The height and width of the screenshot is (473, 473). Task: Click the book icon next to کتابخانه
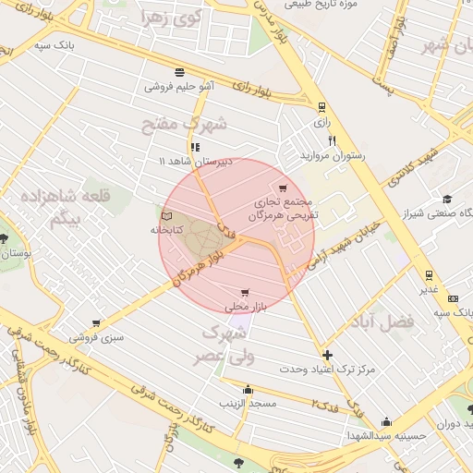click(x=165, y=215)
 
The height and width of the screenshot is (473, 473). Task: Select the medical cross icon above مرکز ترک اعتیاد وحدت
click(x=327, y=355)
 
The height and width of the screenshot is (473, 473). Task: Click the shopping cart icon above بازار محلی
click(x=244, y=292)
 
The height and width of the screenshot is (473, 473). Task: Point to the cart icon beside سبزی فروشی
click(x=96, y=323)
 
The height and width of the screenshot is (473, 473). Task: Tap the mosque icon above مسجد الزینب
click(x=248, y=390)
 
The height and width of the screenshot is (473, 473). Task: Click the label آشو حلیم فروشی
click(x=179, y=87)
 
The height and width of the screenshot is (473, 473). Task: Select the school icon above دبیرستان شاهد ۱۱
click(x=194, y=147)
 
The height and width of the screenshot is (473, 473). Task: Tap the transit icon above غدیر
click(x=428, y=274)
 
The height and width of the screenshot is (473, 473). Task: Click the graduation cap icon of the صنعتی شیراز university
click(x=447, y=200)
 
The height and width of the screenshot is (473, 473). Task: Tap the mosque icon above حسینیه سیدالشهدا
click(x=385, y=421)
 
